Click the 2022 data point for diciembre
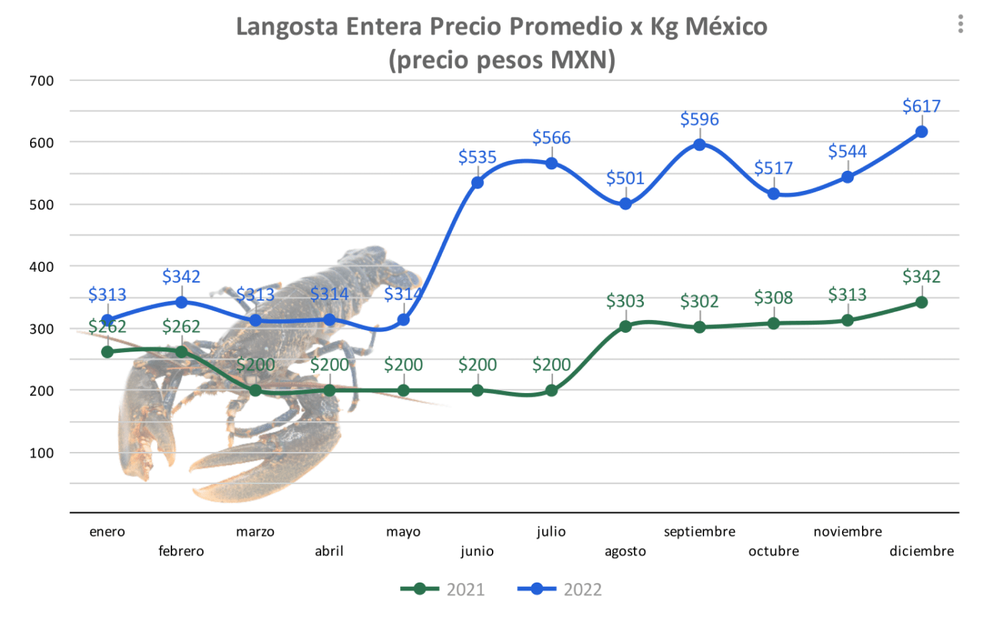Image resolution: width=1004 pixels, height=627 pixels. point(922,132)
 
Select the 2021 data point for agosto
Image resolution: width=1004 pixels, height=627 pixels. point(625,326)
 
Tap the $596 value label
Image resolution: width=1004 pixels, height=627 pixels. point(699,119)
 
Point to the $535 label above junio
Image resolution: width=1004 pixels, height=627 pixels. point(478,157)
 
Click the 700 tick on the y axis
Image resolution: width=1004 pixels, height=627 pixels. point(42,81)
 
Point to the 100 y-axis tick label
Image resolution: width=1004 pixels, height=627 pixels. point(42,453)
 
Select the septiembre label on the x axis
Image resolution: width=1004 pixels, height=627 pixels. point(699,532)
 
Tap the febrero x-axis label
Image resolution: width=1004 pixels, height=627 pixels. point(181,551)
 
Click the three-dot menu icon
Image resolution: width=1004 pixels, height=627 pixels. point(960,24)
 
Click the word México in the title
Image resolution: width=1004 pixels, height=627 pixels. point(726,27)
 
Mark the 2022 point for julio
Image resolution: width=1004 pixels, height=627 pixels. point(551,164)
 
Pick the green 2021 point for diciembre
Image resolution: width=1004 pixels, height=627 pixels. point(922,303)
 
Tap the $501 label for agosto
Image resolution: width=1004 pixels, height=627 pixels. point(625,178)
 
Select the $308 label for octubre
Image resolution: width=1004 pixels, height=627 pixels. point(773,298)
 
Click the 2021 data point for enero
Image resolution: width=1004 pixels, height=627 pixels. point(108,352)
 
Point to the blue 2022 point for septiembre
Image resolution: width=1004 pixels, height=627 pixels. point(699,145)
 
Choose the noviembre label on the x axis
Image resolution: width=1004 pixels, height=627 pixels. point(848,532)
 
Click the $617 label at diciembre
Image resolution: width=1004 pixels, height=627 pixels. point(922,106)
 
